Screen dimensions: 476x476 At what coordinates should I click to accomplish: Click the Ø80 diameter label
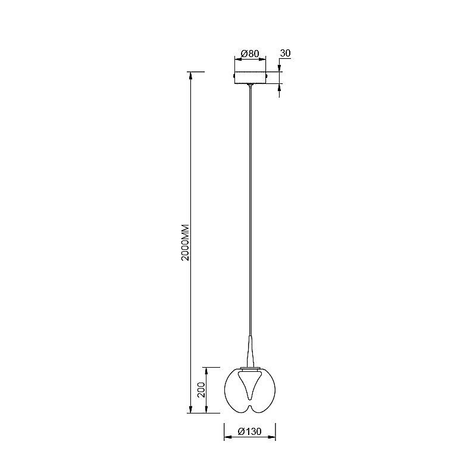click(x=250, y=54)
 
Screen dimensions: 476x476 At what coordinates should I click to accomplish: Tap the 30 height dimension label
click(x=285, y=53)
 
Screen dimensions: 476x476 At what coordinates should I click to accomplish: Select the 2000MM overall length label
click(x=185, y=242)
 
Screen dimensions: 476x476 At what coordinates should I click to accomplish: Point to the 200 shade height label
click(x=201, y=390)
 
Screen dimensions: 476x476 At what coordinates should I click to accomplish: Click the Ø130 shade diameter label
click(x=249, y=431)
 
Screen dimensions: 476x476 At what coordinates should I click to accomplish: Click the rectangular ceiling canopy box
click(x=250, y=77)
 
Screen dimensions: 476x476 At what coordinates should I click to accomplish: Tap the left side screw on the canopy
click(x=233, y=75)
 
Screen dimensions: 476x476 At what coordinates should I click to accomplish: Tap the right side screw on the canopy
click(x=267, y=75)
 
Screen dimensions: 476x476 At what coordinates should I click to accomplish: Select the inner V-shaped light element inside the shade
click(x=250, y=386)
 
